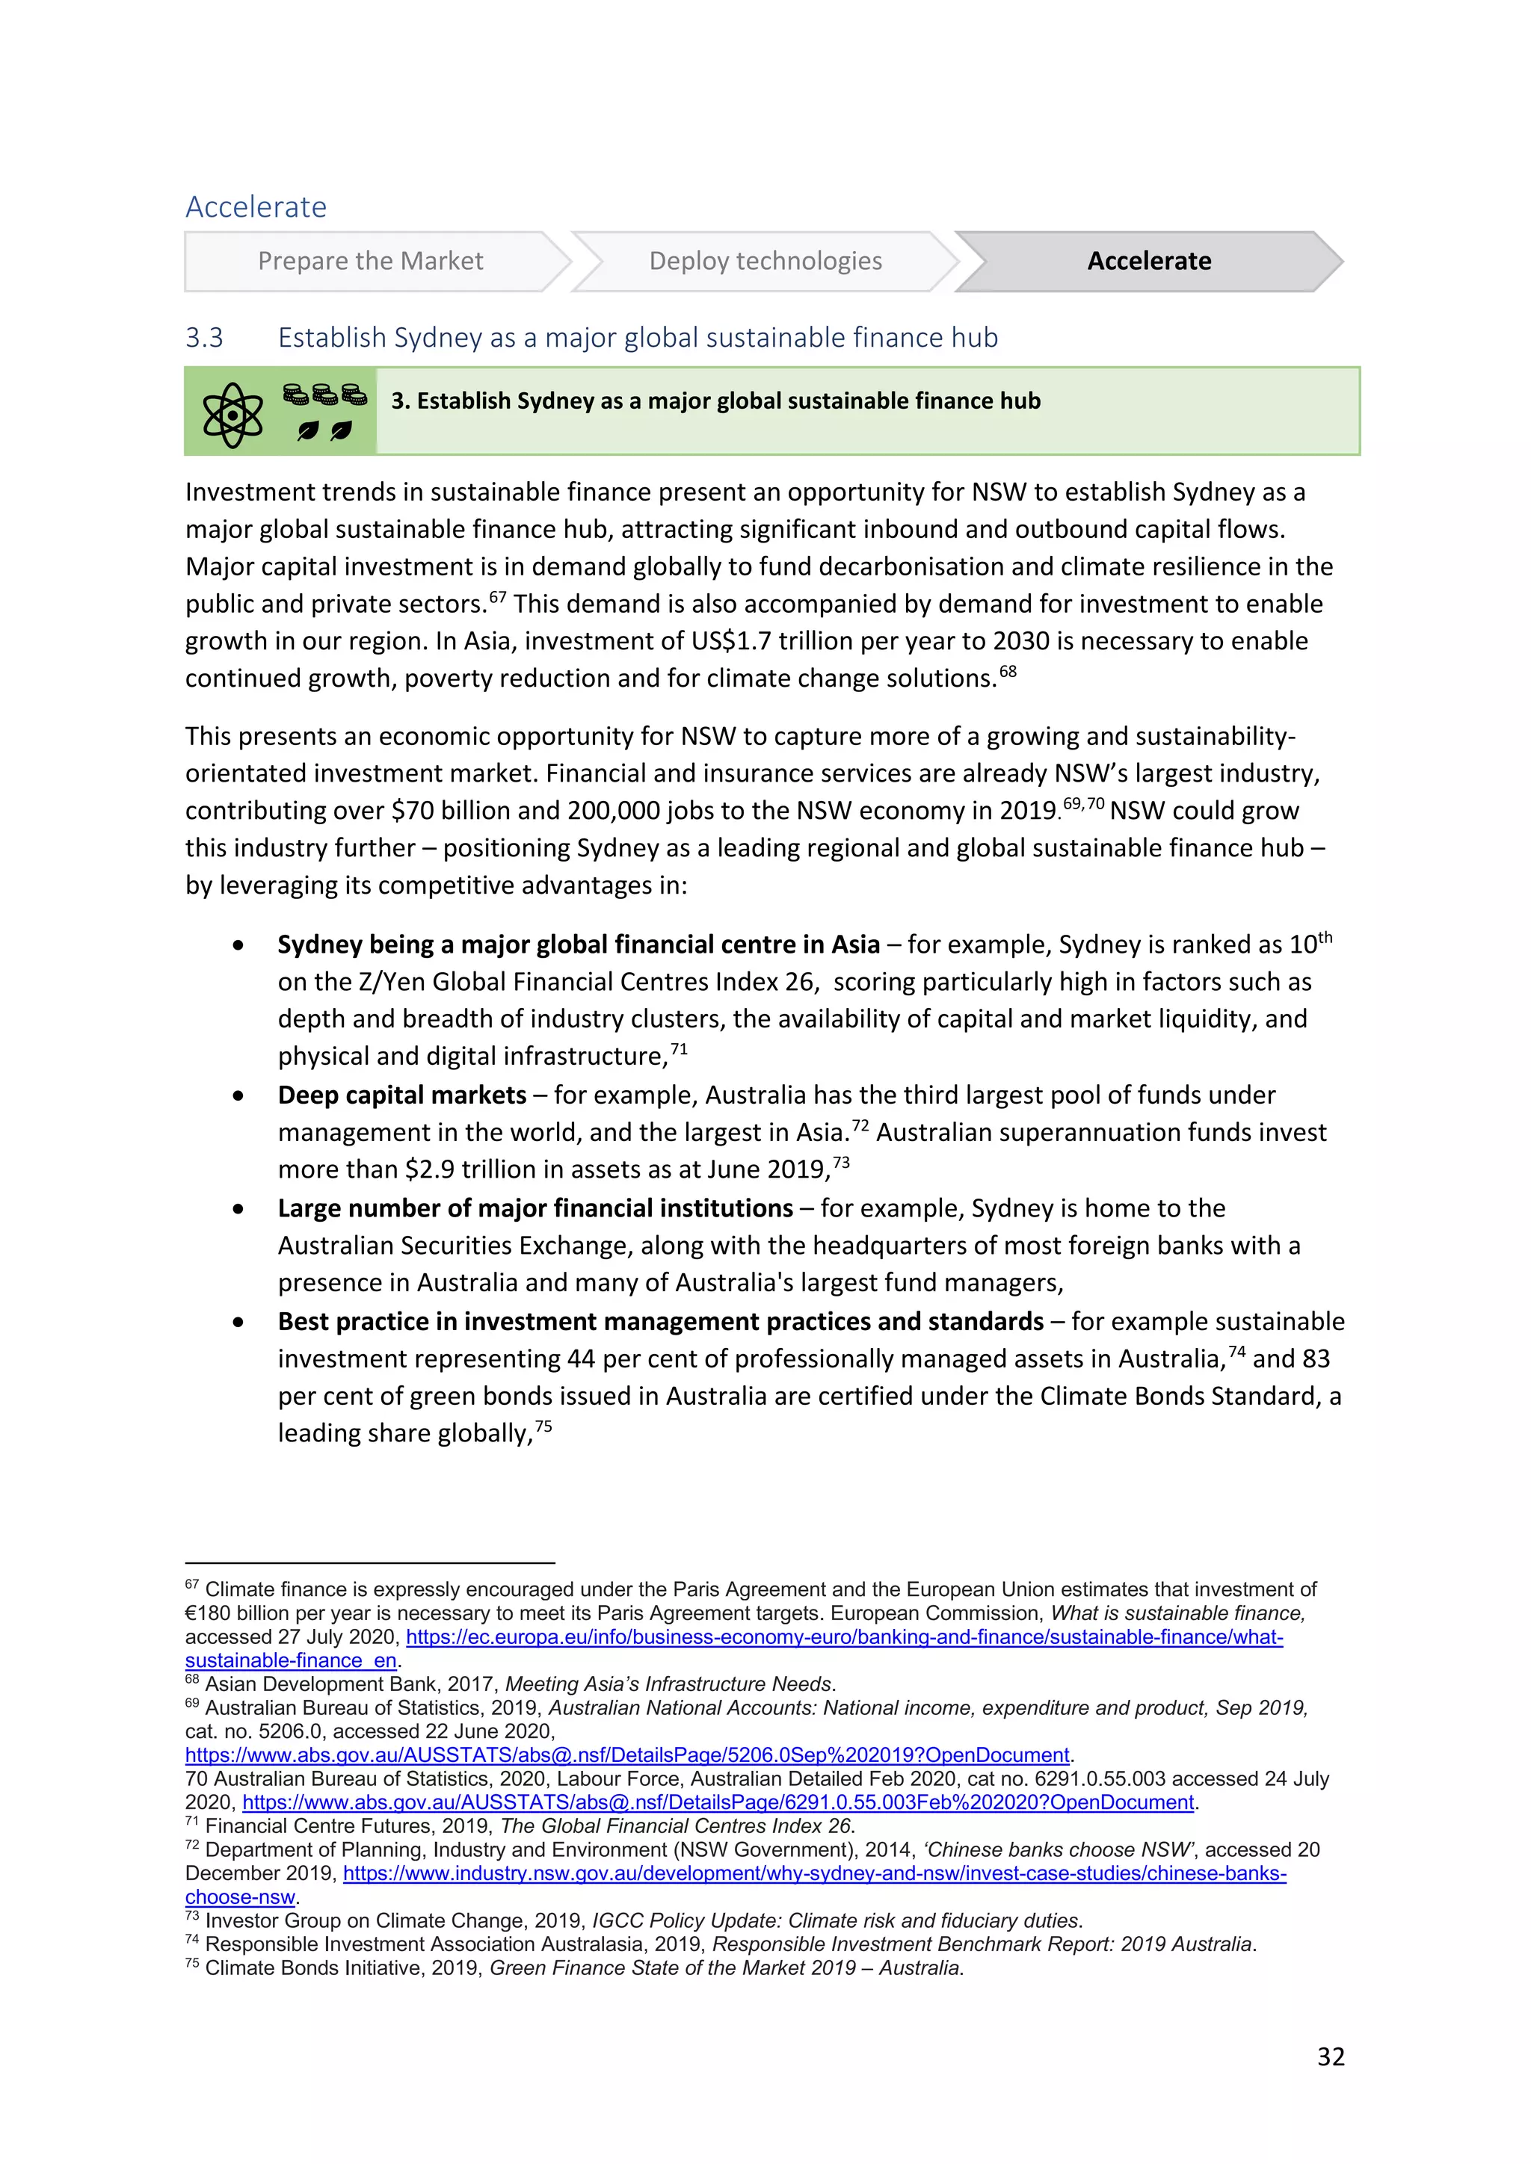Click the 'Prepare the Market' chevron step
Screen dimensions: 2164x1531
[x=371, y=261]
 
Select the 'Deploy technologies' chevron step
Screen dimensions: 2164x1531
[x=765, y=261]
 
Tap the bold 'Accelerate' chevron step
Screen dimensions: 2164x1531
[x=1148, y=261]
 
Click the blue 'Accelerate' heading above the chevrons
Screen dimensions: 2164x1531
[x=256, y=206]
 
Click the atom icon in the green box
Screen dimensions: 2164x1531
[x=232, y=415]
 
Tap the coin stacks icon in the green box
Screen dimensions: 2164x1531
[x=325, y=395]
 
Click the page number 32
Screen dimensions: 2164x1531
[x=1330, y=2056]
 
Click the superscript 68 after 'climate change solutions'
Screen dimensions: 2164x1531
[x=1008, y=671]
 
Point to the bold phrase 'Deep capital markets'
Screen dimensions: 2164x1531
[x=401, y=1095]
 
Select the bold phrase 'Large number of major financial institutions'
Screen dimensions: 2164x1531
[x=535, y=1208]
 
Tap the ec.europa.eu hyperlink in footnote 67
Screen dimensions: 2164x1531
[x=844, y=1637]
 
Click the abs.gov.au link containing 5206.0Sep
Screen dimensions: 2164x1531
[x=627, y=1755]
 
